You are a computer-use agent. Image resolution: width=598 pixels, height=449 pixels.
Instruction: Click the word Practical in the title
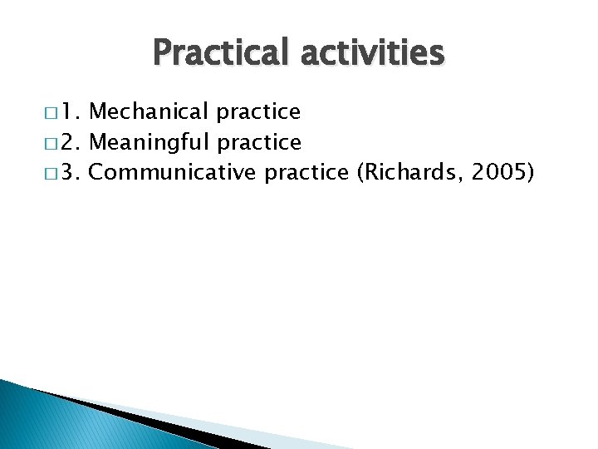click(x=213, y=53)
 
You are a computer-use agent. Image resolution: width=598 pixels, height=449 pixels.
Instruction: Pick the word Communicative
click(x=173, y=172)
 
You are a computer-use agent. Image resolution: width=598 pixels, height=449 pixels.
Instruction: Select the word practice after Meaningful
click(x=260, y=142)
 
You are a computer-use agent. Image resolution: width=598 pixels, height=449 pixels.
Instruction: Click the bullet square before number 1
click(x=55, y=112)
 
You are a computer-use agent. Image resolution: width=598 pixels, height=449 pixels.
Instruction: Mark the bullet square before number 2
click(x=55, y=143)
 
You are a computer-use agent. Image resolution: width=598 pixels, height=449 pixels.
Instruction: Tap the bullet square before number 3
click(x=55, y=173)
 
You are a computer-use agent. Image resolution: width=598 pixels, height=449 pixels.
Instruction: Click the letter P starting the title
click(x=164, y=53)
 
